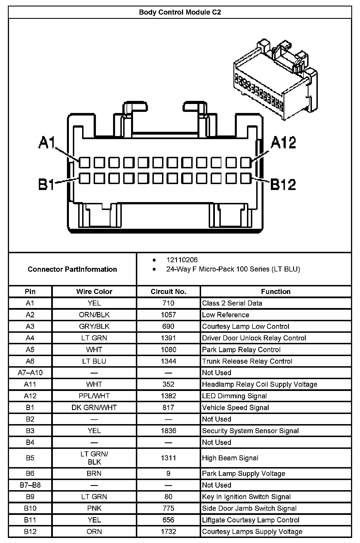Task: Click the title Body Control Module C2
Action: [x=180, y=12]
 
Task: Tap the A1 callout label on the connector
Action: [x=47, y=142]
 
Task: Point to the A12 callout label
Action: [x=283, y=142]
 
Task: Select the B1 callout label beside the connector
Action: [x=46, y=184]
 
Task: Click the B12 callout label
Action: [x=283, y=184]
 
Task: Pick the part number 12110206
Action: [x=182, y=260]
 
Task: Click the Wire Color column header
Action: [x=94, y=291]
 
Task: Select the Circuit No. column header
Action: [x=168, y=291]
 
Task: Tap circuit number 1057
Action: [x=168, y=315]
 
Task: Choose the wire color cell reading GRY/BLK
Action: [x=94, y=326]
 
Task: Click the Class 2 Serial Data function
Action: [x=232, y=303]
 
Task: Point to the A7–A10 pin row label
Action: [x=30, y=373]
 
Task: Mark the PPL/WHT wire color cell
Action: [x=94, y=396]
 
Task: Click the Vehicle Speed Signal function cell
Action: [x=235, y=408]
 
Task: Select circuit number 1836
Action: [x=168, y=431]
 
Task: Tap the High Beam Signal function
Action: [x=230, y=458]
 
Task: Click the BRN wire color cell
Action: [x=94, y=474]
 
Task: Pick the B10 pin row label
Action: [x=30, y=508]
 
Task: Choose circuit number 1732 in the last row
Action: [x=168, y=531]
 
